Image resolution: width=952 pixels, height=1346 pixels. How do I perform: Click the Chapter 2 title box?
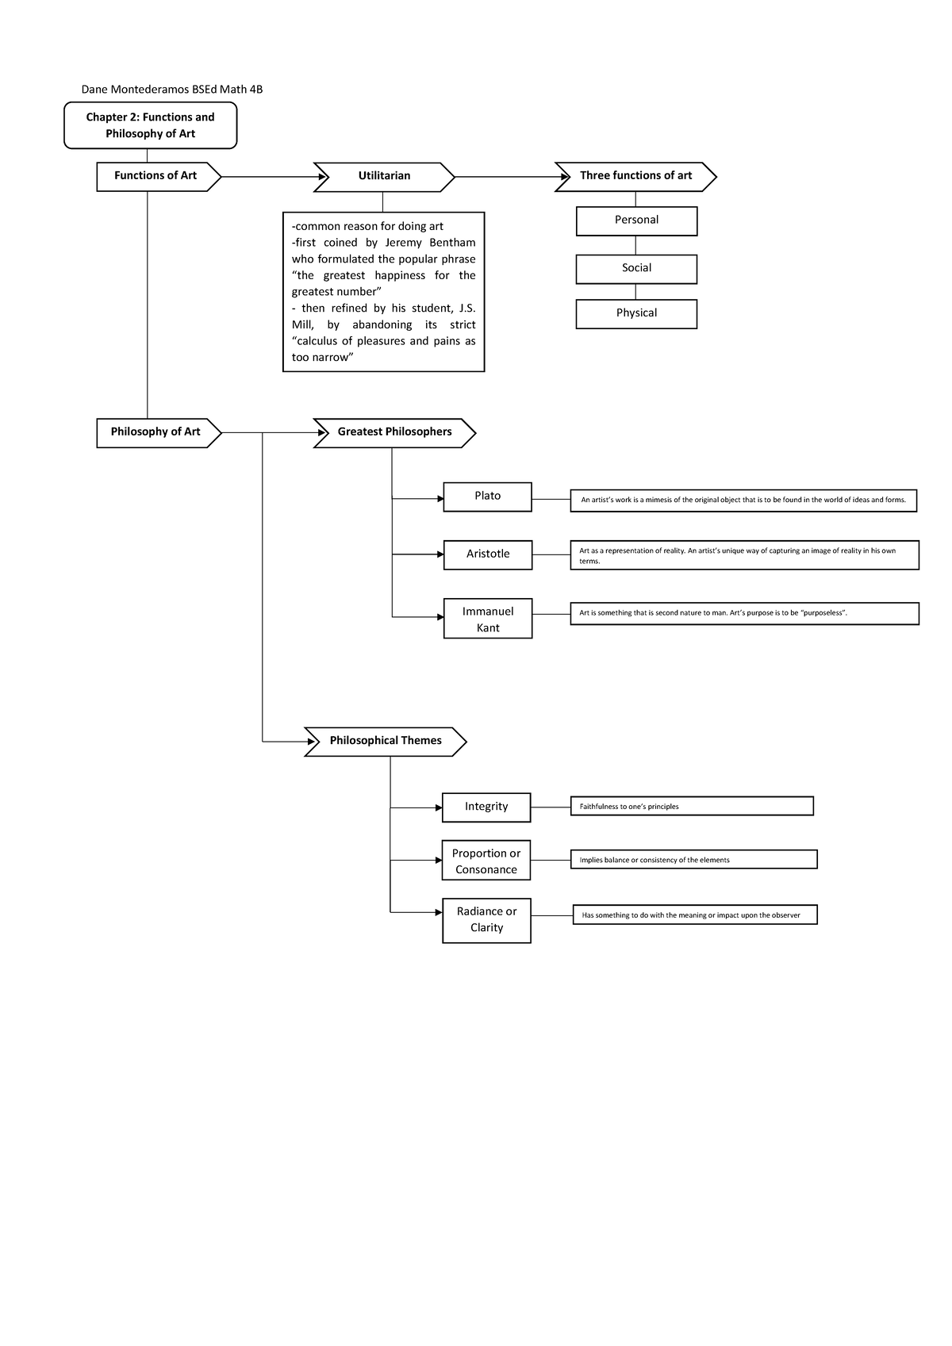(150, 125)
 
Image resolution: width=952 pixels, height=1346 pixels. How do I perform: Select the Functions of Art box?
(155, 176)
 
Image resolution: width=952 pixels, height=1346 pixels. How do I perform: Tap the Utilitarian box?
(384, 176)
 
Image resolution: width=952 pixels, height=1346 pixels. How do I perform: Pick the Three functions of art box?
(635, 176)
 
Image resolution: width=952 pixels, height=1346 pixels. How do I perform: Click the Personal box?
(636, 220)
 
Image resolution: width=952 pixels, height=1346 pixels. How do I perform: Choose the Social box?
(636, 268)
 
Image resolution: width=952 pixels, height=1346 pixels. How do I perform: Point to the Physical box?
(636, 313)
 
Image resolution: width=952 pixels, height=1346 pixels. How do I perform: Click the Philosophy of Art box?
(155, 432)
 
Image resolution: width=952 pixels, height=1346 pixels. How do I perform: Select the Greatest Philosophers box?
(394, 432)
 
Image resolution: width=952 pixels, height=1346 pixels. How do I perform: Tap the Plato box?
(487, 497)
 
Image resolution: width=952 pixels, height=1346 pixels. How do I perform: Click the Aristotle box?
(487, 554)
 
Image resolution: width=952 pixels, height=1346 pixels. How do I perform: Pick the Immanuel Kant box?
(487, 619)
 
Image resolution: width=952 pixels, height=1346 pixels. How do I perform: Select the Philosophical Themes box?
(386, 741)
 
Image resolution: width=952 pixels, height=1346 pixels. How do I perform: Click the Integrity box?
(486, 807)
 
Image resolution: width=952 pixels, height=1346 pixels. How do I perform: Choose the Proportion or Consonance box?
(486, 861)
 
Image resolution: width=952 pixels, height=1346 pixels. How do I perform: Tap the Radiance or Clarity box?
(486, 920)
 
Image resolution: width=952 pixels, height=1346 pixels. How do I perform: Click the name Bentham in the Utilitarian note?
(452, 243)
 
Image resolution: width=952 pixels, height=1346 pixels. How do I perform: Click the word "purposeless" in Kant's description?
(823, 613)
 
